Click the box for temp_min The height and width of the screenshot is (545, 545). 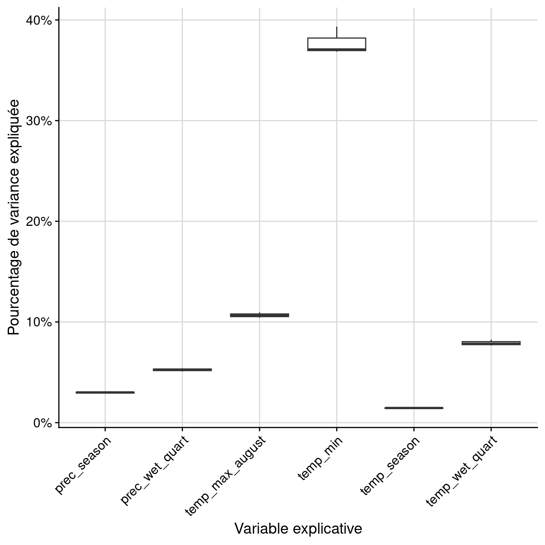pos(337,44)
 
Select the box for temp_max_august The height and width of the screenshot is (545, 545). pos(260,315)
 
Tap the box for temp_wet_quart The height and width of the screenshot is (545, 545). pos(491,343)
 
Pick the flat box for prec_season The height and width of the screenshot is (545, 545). pos(105,393)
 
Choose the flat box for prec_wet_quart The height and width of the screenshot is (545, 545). pos(182,370)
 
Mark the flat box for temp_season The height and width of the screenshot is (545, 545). pos(414,408)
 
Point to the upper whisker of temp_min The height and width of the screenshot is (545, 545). pos(337,32)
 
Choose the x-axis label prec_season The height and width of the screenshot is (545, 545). pos(84,465)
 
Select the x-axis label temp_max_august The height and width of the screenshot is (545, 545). pos(226,475)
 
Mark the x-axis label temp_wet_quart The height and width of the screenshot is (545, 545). pos(462,470)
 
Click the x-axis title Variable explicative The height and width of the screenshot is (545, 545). pos(298,529)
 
